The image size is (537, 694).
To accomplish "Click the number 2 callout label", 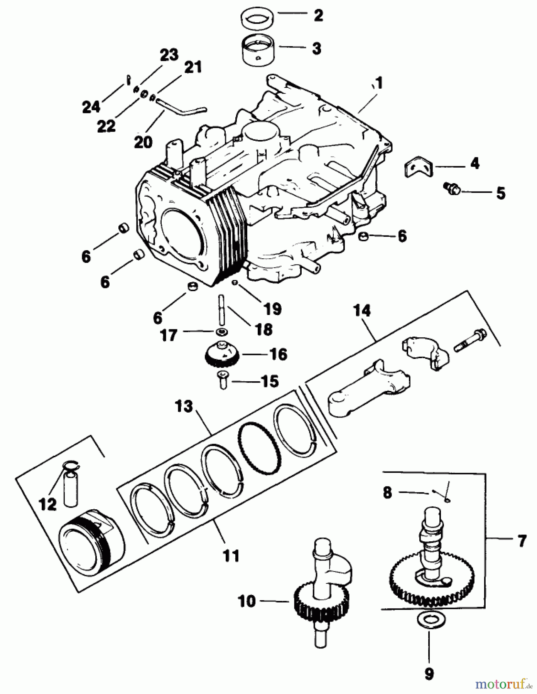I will point(318,16).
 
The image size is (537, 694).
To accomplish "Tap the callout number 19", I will point(272,309).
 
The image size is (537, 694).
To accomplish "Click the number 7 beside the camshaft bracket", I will point(522,541).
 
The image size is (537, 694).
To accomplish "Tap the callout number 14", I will point(362,311).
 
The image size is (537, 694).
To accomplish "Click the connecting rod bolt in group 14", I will point(470,341).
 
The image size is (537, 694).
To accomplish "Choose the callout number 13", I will point(184,406).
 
